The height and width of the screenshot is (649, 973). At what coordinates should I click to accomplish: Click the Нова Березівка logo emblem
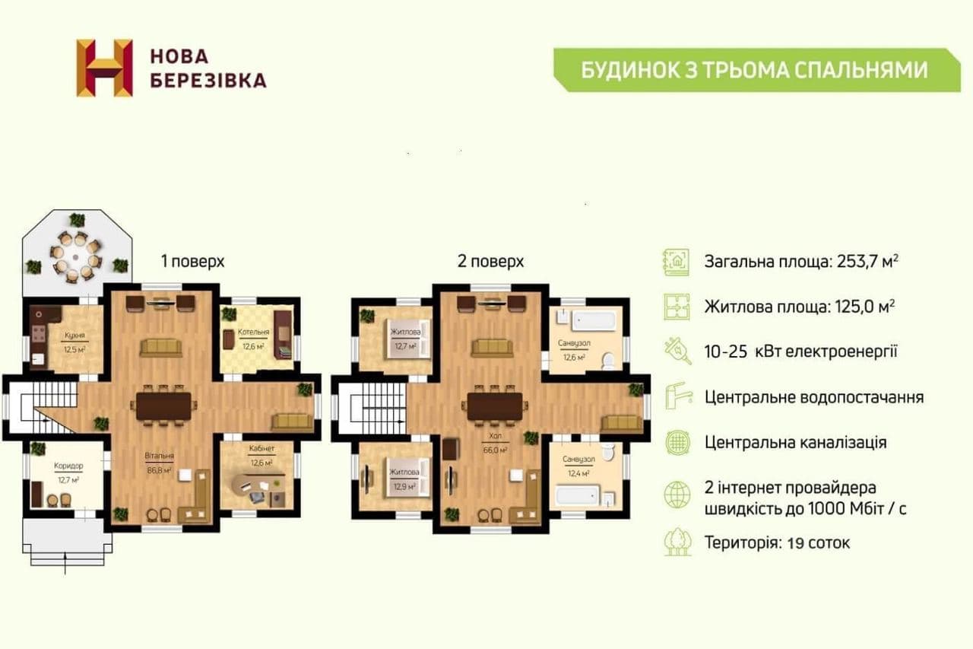104,68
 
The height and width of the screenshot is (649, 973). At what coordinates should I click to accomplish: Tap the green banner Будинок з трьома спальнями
754,70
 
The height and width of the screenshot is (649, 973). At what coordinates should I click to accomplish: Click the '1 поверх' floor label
192,261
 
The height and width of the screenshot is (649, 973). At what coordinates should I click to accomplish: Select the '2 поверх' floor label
490,261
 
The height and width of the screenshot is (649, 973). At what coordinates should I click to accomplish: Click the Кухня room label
74,336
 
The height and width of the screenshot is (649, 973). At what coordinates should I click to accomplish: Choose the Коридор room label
68,466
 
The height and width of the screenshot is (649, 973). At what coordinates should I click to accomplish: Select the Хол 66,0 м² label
496,439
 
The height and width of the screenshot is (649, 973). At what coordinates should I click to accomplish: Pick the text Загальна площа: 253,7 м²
801,261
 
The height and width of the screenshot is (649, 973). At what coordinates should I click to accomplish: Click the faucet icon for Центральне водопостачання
676,396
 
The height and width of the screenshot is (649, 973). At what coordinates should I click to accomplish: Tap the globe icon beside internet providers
676,495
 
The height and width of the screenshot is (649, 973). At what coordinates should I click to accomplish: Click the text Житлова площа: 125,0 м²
799,307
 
